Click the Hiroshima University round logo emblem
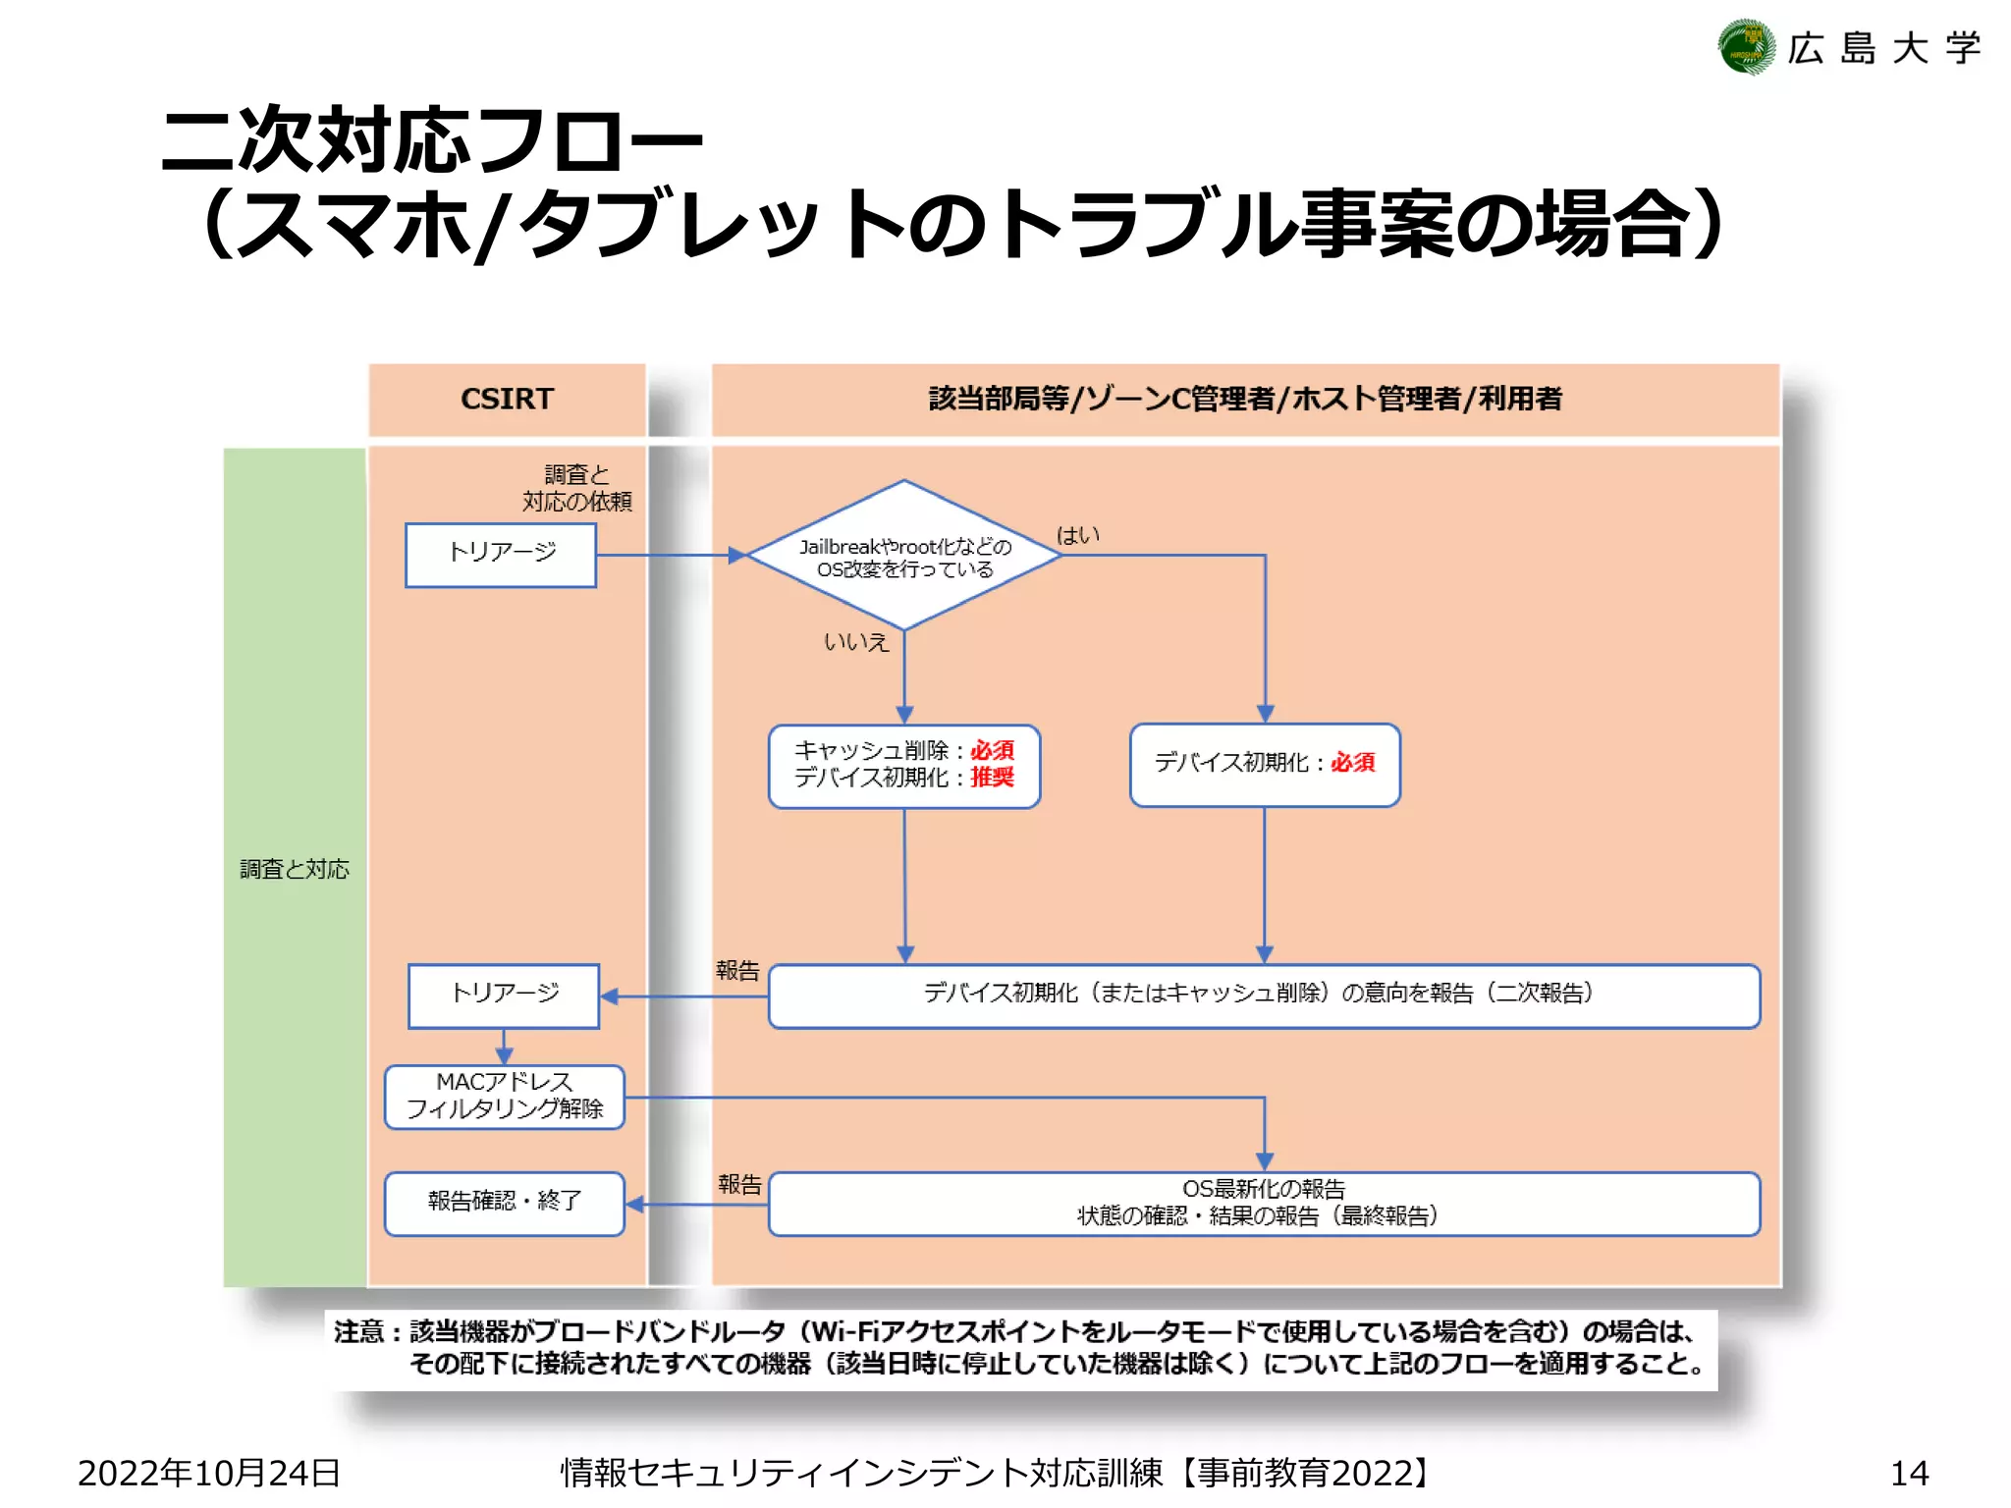1747,47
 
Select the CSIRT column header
507,399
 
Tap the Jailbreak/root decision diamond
904,556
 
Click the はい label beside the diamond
1077,535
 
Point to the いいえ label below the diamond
855,642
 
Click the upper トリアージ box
501,555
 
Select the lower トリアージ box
504,996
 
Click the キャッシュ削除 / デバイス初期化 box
904,766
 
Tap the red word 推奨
992,778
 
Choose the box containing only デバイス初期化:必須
1265,765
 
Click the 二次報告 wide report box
1264,996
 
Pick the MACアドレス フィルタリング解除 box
505,1097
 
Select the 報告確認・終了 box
505,1203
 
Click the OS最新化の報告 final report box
1264,1203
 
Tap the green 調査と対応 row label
295,869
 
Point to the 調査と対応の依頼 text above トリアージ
576,488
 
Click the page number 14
1909,1473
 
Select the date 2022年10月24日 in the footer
208,1473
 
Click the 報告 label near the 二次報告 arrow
737,971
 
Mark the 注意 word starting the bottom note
358,1332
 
